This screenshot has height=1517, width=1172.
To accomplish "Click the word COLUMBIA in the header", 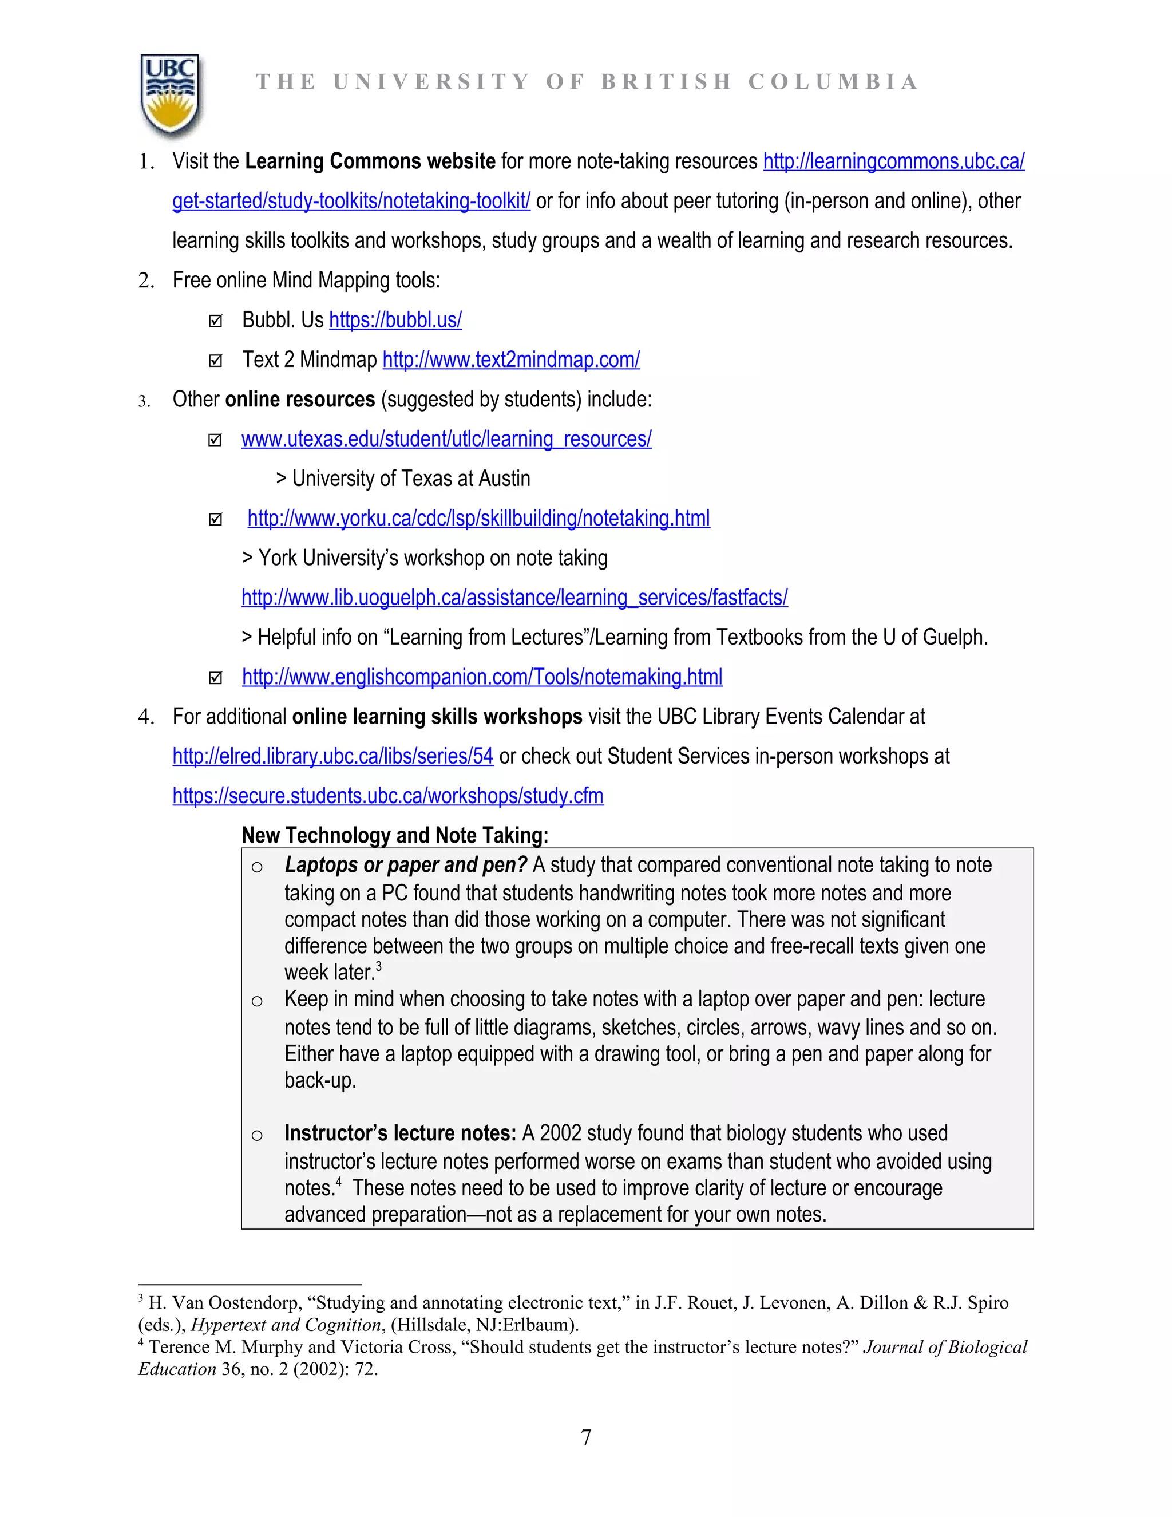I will [x=833, y=82].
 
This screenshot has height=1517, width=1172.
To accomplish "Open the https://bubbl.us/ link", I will [x=395, y=320].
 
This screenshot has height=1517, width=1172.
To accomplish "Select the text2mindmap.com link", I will [x=511, y=360].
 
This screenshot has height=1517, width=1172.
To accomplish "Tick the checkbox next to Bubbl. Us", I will [x=215, y=321].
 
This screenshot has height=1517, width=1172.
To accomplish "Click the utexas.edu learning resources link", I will [x=446, y=439].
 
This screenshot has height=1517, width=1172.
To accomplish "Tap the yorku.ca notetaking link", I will [x=478, y=518].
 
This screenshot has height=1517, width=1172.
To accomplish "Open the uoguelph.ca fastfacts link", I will [x=514, y=597].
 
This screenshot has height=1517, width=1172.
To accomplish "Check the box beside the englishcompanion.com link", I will [x=215, y=678].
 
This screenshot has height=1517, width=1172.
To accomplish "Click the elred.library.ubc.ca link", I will [x=332, y=756].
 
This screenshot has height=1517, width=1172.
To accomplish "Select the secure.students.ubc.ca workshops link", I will [x=388, y=795].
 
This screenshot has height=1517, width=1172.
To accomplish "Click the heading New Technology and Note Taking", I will [x=394, y=835].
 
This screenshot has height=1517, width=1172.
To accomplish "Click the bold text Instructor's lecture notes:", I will [x=400, y=1133].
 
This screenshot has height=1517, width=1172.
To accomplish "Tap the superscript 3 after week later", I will [x=378, y=966].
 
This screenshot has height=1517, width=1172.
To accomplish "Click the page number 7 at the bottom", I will [x=586, y=1436].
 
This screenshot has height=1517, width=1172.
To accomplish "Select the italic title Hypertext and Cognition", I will [x=286, y=1325].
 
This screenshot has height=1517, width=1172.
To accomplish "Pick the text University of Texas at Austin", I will [x=410, y=479].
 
